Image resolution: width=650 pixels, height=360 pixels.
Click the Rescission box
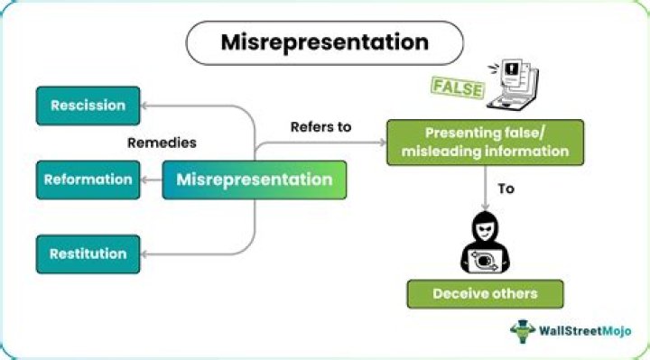88,106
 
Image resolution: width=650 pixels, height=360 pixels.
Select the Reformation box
88,180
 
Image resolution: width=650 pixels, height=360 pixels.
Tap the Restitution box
88,254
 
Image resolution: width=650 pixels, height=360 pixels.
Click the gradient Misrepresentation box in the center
254,180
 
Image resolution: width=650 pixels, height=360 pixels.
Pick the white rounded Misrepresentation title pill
325,43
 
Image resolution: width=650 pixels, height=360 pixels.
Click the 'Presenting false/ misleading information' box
485,143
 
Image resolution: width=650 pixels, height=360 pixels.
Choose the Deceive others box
485,294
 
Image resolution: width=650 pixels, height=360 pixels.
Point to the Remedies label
162,143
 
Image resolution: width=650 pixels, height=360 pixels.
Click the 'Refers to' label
320,126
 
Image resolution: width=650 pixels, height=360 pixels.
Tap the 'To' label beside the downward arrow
506,189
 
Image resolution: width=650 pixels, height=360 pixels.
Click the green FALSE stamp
458,88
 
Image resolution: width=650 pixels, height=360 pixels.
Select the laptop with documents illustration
513,84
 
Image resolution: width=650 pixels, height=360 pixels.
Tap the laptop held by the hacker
485,261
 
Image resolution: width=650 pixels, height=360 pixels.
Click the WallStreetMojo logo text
585,331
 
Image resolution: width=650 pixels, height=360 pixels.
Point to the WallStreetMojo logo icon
523,331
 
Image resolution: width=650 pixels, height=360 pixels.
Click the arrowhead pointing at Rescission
144,106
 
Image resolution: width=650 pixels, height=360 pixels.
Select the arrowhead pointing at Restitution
144,254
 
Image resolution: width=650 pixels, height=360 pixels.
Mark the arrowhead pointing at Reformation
144,180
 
